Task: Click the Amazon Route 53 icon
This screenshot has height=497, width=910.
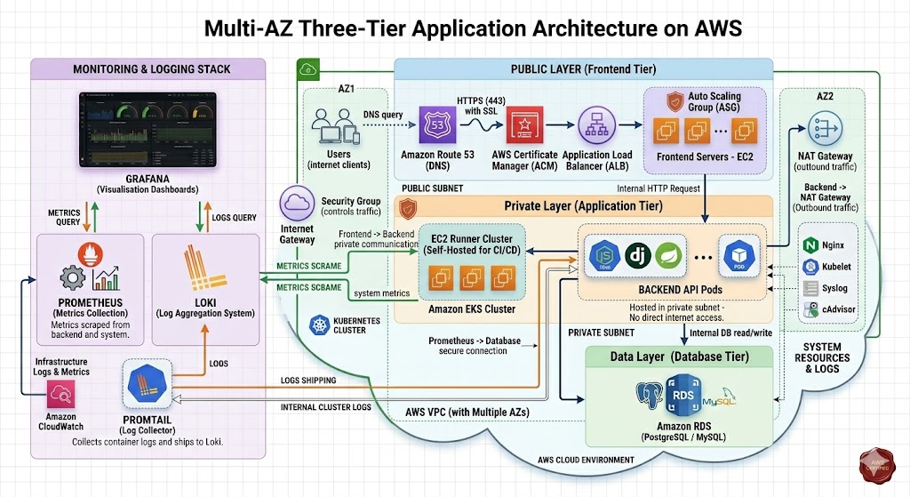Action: point(437,126)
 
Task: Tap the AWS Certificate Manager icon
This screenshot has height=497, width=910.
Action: point(524,128)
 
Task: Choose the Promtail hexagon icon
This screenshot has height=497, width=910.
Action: point(147,383)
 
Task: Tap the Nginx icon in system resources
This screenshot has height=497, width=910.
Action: point(810,244)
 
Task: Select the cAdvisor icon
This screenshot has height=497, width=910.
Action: point(810,310)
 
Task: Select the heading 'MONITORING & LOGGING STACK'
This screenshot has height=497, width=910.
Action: point(151,68)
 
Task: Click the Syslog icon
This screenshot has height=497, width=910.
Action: point(810,288)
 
